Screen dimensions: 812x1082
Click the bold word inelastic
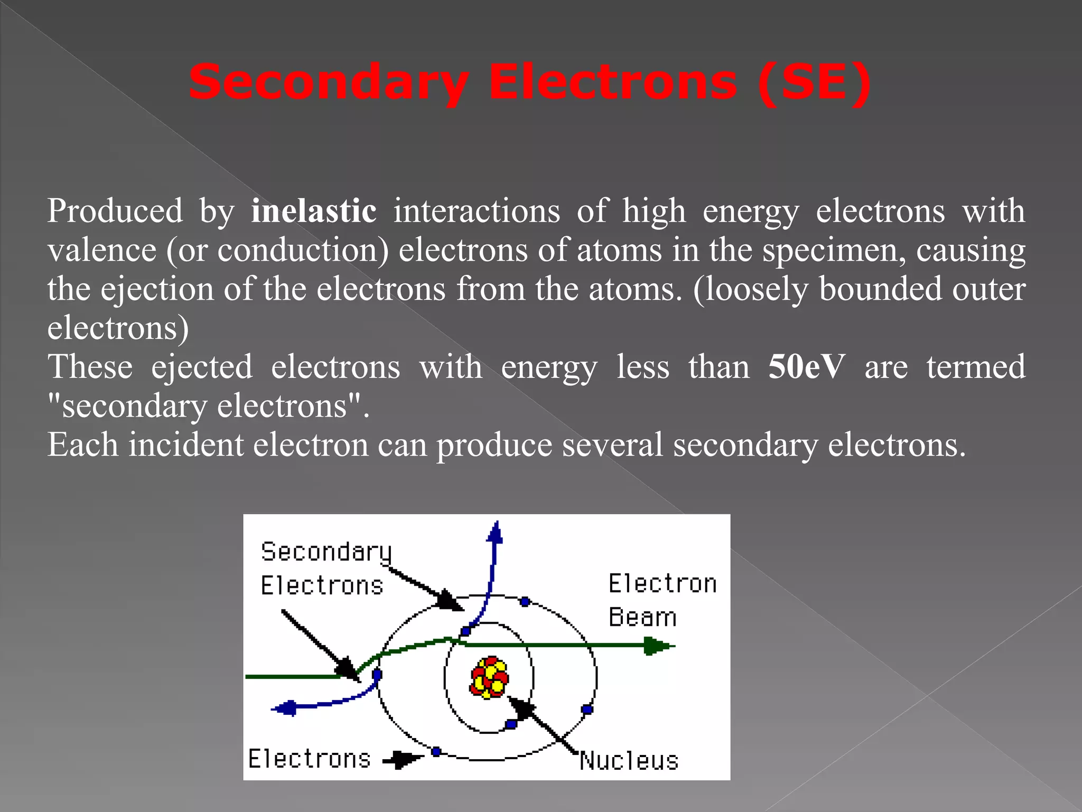314,211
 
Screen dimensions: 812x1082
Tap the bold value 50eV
806,367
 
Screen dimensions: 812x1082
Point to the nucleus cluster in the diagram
489,677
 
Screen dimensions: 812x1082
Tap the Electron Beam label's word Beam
642,617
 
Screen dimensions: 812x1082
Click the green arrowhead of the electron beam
658,645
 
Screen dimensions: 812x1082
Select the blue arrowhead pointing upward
495,532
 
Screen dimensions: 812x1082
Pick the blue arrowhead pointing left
285,708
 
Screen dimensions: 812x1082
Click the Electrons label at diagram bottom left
310,759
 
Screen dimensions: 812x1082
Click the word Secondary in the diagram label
326,552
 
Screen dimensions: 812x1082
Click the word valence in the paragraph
102,250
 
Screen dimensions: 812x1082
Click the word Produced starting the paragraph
115,211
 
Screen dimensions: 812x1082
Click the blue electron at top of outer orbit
525,602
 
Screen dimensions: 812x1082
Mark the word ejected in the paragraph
202,367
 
